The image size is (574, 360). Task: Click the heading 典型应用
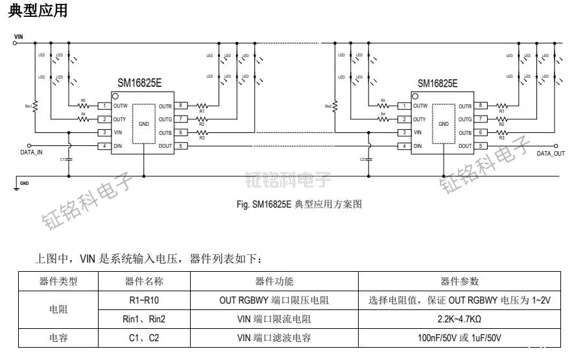[38, 11]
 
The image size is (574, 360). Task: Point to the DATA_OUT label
[551, 154]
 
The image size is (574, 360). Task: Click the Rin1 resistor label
[28, 105]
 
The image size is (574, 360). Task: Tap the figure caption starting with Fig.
[299, 204]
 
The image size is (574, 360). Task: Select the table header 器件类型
[58, 281]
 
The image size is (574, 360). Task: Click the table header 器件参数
[459, 281]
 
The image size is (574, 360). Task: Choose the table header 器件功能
[274, 281]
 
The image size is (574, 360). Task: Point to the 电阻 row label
[58, 309]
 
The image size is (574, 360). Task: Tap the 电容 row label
[58, 338]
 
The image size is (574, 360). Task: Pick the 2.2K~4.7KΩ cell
[459, 319]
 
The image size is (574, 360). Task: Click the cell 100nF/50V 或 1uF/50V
[459, 338]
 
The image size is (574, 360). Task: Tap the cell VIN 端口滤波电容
[274, 338]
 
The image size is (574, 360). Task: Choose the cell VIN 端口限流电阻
[274, 319]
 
